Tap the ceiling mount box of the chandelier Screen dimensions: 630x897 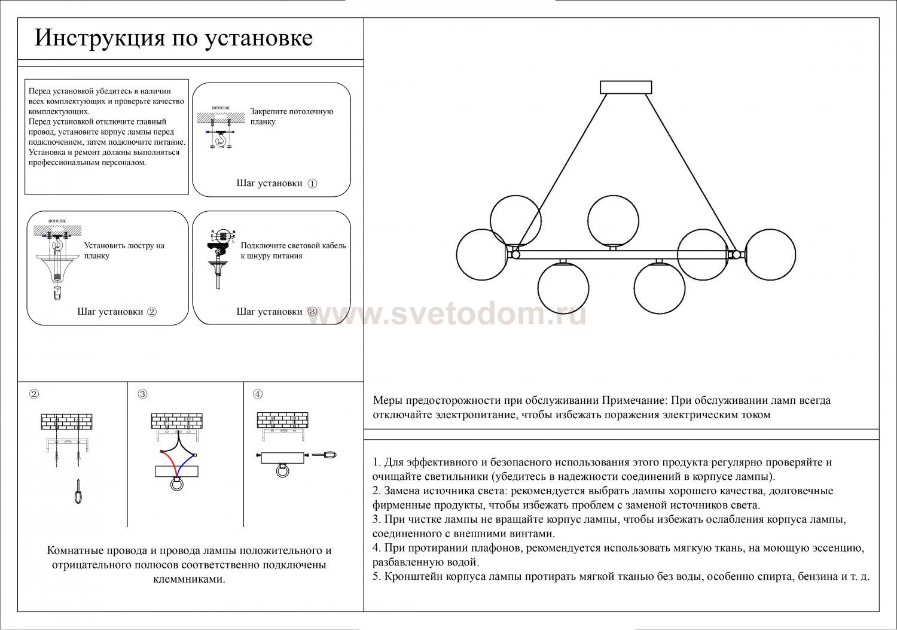coord(627,87)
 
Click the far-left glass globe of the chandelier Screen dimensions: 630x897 coord(482,254)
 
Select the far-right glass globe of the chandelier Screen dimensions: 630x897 coord(770,254)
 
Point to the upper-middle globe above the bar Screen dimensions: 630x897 coord(614,220)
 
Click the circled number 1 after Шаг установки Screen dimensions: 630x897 coord(312,183)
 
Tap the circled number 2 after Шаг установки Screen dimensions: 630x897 coord(152,312)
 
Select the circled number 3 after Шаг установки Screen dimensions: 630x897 coord(312,312)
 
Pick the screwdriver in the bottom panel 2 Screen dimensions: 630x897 coord(78,491)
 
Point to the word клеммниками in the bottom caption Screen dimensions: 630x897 coord(189,580)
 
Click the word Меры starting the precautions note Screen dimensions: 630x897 coord(388,400)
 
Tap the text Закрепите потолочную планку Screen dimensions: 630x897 coord(291,116)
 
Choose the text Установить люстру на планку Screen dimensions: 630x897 coord(124,251)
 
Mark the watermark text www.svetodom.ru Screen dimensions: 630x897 coord(447,314)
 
